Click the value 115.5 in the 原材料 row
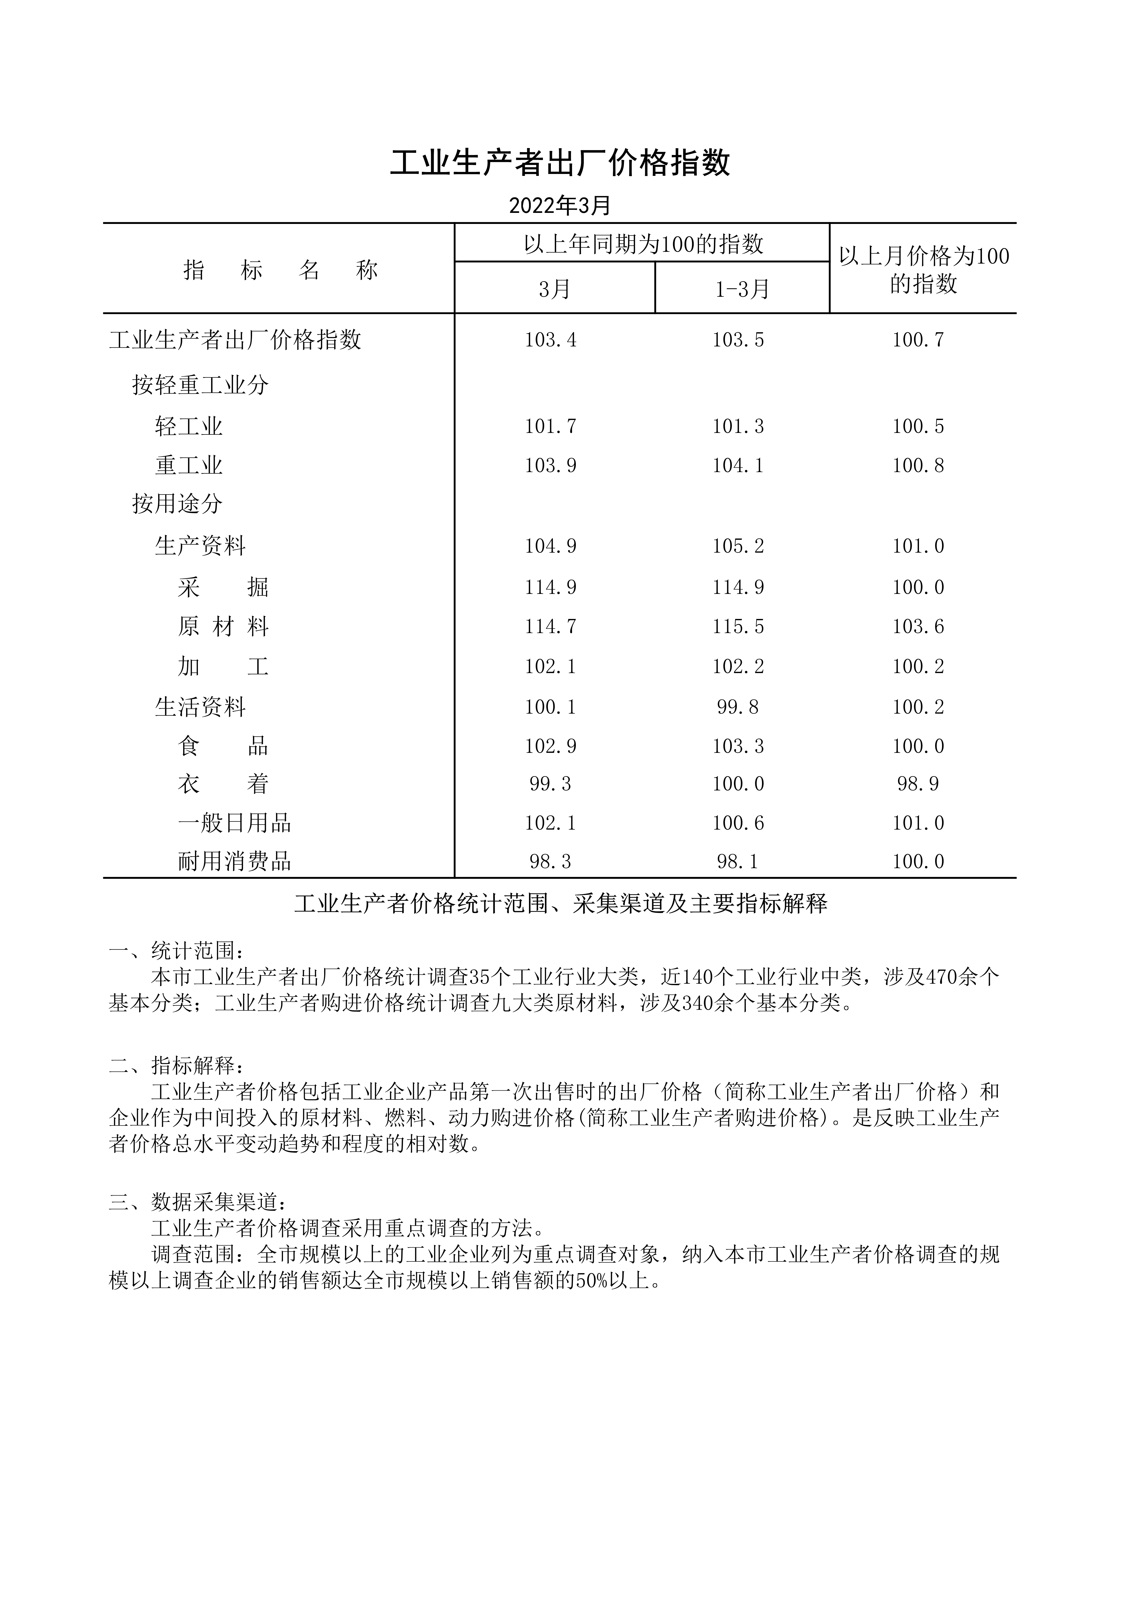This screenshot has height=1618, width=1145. [x=738, y=626]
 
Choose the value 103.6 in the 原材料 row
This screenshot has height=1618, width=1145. [x=918, y=626]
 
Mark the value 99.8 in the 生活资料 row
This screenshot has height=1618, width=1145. [x=738, y=707]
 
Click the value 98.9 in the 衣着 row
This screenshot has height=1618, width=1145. [x=918, y=784]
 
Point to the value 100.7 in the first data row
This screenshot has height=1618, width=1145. [x=918, y=340]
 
